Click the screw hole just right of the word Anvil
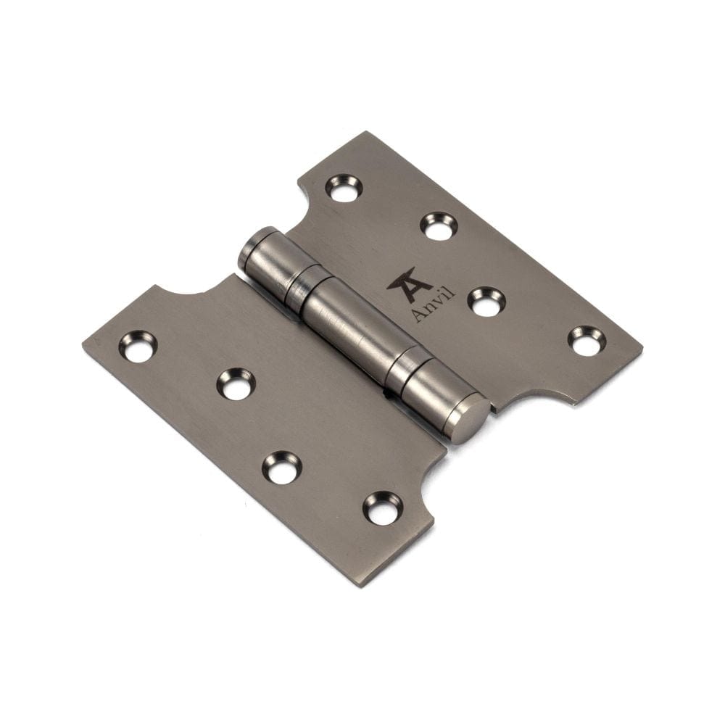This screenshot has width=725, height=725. click(485, 302)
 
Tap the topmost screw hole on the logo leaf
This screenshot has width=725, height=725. click(344, 188)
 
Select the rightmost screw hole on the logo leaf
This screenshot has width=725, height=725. click(585, 341)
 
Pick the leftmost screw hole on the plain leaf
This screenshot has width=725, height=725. click(138, 346)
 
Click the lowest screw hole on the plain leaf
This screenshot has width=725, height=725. click(382, 507)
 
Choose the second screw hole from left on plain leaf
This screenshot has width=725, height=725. click(236, 384)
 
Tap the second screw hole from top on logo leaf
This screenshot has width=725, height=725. click(439, 225)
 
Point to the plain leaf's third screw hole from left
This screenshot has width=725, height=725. click(281, 468)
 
